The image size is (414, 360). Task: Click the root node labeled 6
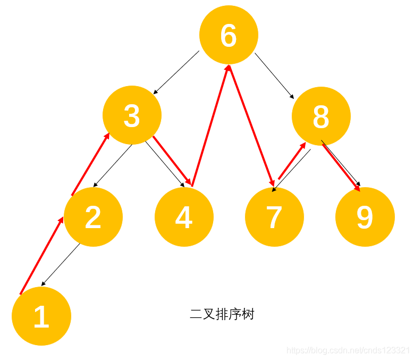[229, 35]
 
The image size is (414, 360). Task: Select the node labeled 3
[132, 115]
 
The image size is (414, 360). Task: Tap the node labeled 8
[321, 116]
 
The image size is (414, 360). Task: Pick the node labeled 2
[93, 217]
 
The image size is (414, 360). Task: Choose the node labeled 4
[184, 217]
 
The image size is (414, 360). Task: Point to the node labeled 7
[274, 217]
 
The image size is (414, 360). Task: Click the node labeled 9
[365, 217]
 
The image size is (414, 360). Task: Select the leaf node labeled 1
[41, 316]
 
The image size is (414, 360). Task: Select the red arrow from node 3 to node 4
[172, 160]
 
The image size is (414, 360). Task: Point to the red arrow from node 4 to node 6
[211, 125]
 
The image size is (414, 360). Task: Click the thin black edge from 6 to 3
[176, 73]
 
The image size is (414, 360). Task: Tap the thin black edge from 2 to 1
[61, 264]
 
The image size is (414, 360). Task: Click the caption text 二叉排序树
[222, 314]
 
